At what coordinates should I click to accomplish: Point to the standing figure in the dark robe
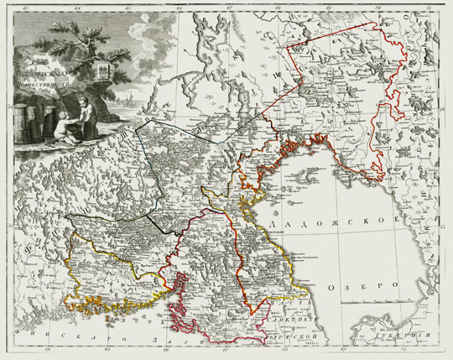(84, 117)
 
